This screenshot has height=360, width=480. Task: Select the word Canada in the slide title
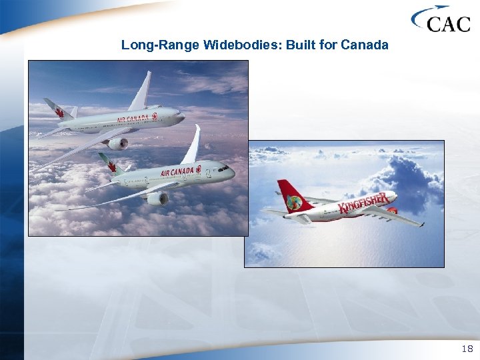(x=365, y=45)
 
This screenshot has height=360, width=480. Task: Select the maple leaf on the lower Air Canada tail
(x=111, y=166)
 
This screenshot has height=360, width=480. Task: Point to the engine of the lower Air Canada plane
(x=158, y=198)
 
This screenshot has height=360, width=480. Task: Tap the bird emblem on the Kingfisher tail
(x=294, y=202)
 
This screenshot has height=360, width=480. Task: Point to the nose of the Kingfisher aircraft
(x=395, y=195)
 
